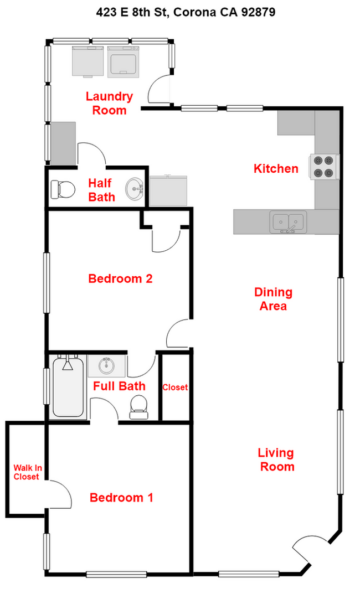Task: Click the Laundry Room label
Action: pyautogui.click(x=109, y=104)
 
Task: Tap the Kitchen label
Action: pyautogui.click(x=276, y=169)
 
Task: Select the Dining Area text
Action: pyautogui.click(x=273, y=299)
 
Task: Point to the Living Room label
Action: pyautogui.click(x=276, y=460)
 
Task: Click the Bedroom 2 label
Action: pyautogui.click(x=120, y=278)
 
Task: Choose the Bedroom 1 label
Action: pyautogui.click(x=121, y=498)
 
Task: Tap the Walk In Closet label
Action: pyautogui.click(x=26, y=472)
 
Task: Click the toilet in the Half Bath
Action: pyautogui.click(x=62, y=190)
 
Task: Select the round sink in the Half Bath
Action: pyautogui.click(x=133, y=189)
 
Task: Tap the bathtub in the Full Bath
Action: pyautogui.click(x=68, y=388)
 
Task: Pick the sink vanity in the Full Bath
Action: pyautogui.click(x=107, y=366)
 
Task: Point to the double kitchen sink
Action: pyautogui.click(x=287, y=221)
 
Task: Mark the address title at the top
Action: pyautogui.click(x=180, y=11)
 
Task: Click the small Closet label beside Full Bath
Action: pyautogui.click(x=175, y=388)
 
